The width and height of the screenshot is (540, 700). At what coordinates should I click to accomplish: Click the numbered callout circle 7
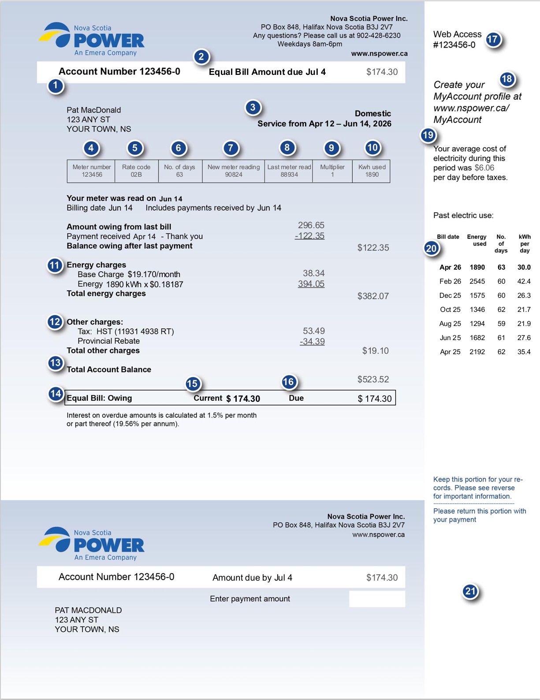click(x=231, y=148)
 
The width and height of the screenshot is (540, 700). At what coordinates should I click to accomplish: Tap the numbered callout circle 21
click(x=470, y=592)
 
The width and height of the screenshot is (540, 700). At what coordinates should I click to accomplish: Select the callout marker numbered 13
click(x=56, y=363)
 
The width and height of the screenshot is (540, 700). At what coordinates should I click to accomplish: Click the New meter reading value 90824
click(x=234, y=174)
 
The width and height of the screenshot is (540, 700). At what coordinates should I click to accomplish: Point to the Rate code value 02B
click(x=136, y=174)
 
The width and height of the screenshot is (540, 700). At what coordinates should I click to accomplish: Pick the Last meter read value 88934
click(x=289, y=174)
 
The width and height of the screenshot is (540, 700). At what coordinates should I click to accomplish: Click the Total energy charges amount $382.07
click(x=373, y=296)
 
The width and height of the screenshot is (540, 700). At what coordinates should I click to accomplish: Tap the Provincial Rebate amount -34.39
click(x=312, y=341)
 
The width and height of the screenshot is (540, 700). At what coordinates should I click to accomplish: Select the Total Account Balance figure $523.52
click(x=373, y=379)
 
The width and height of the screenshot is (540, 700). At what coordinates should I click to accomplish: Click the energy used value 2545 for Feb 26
click(x=477, y=281)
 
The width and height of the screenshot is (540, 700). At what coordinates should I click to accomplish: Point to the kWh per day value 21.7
click(x=524, y=310)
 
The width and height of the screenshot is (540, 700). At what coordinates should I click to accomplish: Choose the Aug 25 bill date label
click(x=450, y=324)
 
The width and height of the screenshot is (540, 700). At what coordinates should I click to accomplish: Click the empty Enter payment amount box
click(x=377, y=599)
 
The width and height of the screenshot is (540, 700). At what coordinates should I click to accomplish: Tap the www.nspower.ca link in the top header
click(x=379, y=54)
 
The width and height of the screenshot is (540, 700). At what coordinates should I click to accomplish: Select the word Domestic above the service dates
click(x=372, y=114)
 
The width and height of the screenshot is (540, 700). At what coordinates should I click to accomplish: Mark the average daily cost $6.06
click(x=484, y=168)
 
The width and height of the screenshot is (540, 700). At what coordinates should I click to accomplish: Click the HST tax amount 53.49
click(x=313, y=331)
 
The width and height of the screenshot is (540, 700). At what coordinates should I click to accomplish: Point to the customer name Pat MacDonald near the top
click(x=93, y=110)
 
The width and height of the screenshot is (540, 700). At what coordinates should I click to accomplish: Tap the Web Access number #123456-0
click(x=454, y=45)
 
